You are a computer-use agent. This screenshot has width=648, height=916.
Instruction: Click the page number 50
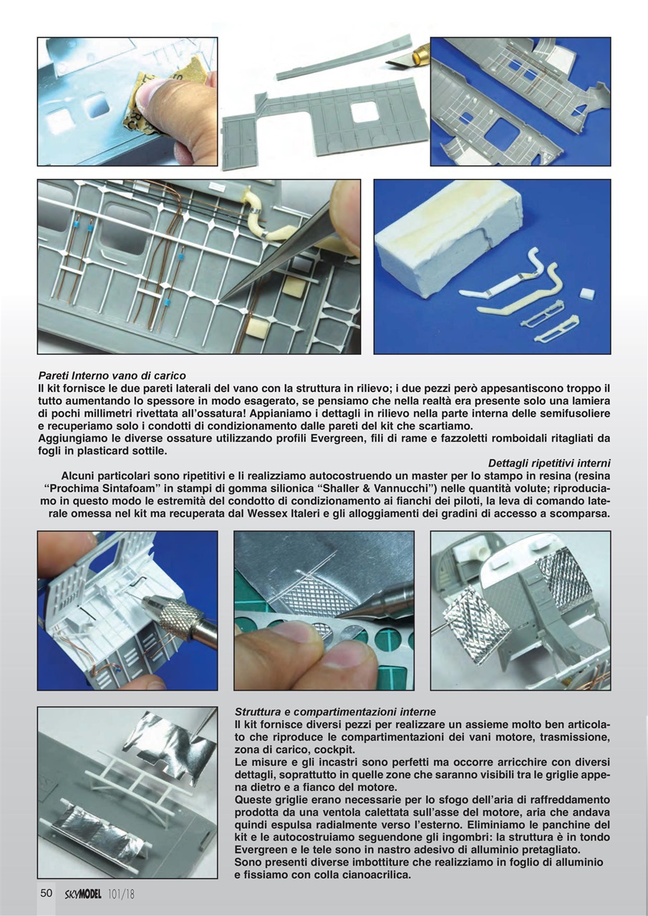point(47,893)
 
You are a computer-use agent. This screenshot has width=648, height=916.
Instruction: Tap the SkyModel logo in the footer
point(82,894)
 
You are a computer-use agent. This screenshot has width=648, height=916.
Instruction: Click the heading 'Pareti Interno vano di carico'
point(112,375)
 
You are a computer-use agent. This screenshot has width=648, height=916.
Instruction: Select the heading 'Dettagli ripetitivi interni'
point(549,463)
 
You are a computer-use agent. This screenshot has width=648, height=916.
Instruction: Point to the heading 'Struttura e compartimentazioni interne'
point(334,712)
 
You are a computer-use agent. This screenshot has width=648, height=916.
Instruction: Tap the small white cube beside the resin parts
point(586,293)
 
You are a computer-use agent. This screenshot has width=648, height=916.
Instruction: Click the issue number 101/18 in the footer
point(122,894)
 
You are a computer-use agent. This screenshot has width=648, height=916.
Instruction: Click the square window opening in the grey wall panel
point(364,112)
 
